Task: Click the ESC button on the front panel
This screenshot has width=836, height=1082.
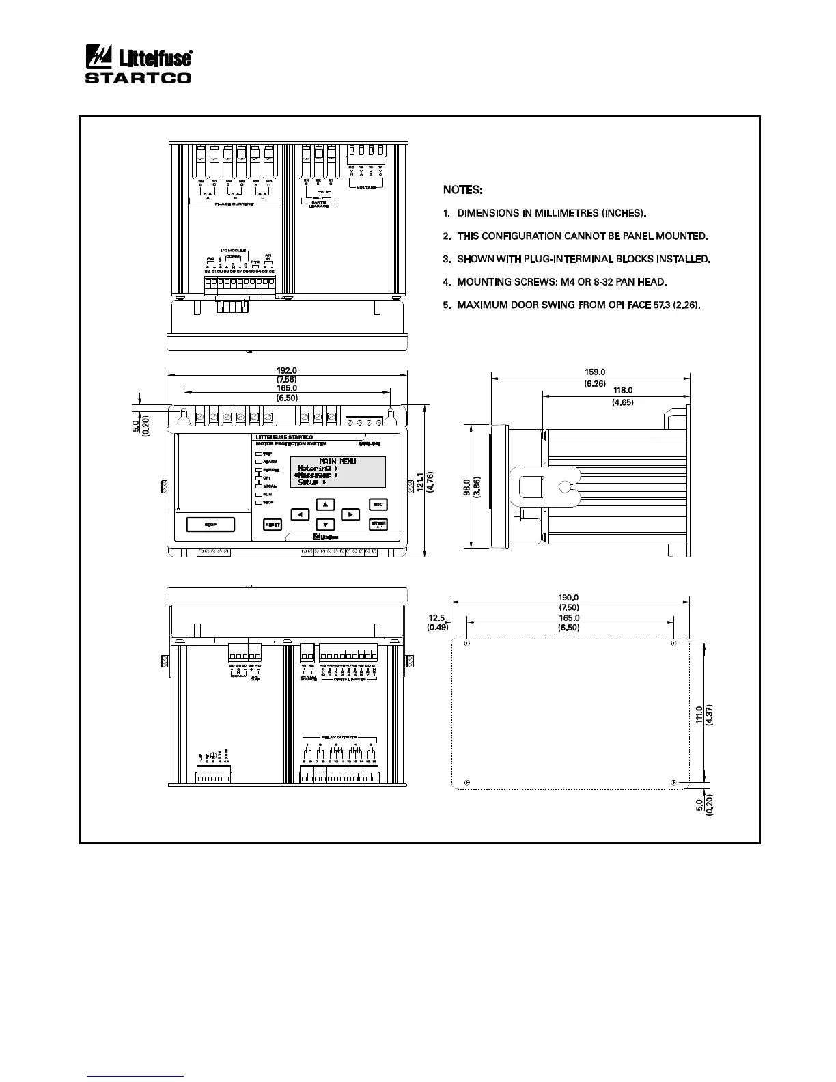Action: [378, 504]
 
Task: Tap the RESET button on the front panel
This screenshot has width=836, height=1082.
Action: [273, 524]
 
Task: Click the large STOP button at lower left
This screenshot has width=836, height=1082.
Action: [210, 524]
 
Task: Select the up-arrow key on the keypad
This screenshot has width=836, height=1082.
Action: [326, 504]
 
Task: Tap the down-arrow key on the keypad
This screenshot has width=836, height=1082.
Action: [326, 525]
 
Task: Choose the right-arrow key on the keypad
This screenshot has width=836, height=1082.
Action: [349, 514]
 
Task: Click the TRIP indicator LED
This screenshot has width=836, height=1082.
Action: [259, 453]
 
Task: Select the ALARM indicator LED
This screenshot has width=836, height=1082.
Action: [259, 461]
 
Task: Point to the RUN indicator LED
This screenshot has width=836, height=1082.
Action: [259, 494]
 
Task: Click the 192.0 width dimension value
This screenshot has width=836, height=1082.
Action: [287, 370]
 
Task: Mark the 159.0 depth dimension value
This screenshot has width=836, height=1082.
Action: [595, 372]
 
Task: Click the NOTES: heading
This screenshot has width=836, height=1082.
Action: [463, 189]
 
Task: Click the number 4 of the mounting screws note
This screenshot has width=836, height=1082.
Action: [446, 282]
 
